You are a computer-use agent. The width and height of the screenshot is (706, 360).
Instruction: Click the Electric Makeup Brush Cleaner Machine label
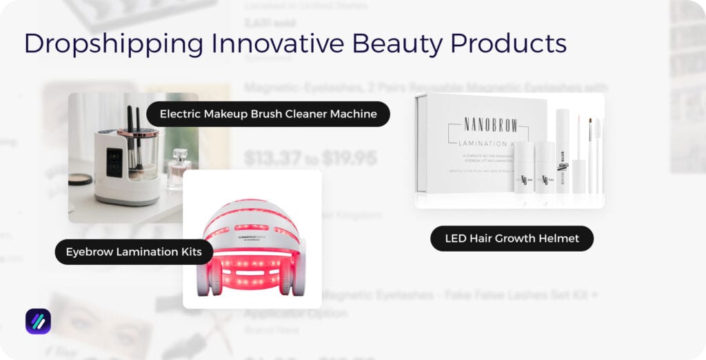pos(268,114)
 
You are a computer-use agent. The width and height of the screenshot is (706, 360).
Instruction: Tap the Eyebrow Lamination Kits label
pos(134,252)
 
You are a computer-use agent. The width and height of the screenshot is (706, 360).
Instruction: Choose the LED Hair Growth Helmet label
pos(512,239)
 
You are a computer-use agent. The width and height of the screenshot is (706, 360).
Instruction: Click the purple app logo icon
pos(38,321)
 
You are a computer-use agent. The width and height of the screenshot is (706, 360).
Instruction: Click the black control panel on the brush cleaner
pos(114,162)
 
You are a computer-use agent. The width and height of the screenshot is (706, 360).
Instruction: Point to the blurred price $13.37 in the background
pos(273,159)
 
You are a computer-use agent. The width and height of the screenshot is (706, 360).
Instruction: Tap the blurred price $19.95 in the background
pos(350,159)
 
